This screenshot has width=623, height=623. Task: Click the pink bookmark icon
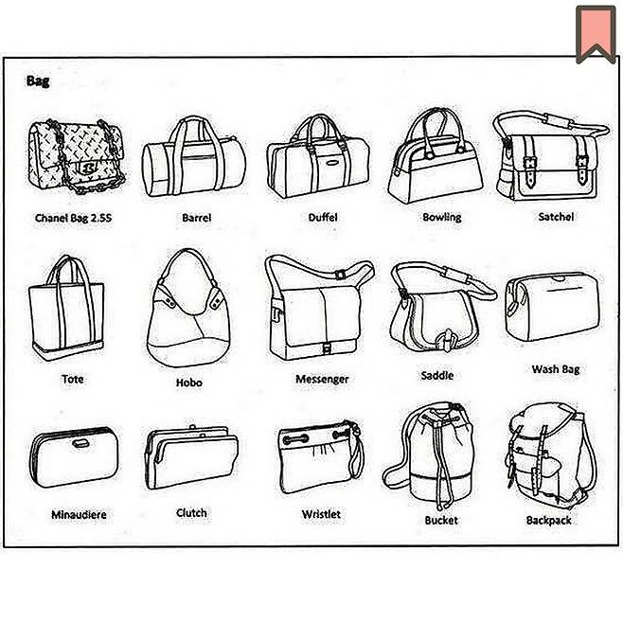[596, 34]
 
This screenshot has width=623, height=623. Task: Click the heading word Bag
[38, 81]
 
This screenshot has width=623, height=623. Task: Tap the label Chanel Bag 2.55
[74, 218]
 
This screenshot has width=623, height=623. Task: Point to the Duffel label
[323, 218]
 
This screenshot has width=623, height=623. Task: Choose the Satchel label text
[556, 217]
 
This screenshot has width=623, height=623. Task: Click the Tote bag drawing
[66, 308]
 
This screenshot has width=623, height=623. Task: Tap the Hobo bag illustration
[188, 308]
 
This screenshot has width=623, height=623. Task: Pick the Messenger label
[322, 379]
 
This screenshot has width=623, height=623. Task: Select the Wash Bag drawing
[552, 307]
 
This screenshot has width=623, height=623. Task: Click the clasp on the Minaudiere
[80, 443]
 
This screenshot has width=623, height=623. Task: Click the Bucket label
[441, 520]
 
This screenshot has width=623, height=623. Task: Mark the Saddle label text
[437, 376]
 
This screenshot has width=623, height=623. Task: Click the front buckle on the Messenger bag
[327, 348]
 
